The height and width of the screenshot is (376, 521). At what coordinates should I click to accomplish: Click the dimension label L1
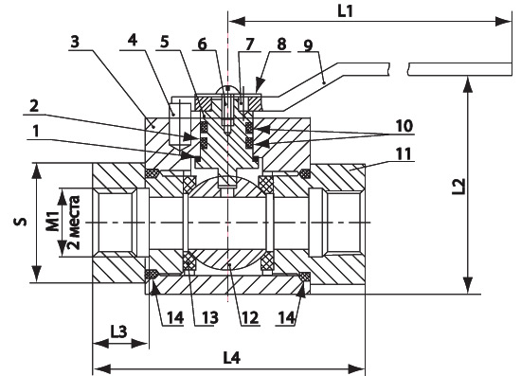(345, 12)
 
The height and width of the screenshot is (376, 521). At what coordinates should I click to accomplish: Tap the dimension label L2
(458, 187)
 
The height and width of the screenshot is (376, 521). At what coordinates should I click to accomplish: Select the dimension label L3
(119, 331)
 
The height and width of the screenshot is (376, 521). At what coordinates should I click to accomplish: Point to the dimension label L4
(231, 358)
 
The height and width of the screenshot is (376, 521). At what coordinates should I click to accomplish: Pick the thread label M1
(52, 222)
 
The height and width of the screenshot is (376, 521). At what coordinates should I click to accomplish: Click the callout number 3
(76, 42)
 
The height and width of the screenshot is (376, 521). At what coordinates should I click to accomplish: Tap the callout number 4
(133, 40)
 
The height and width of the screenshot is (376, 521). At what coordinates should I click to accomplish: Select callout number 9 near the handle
(308, 45)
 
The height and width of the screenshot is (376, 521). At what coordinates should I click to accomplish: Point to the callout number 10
(404, 126)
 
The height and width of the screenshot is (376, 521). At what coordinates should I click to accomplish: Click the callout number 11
(404, 154)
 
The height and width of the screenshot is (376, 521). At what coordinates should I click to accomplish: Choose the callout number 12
(250, 318)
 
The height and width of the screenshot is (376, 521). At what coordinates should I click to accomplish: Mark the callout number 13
(210, 318)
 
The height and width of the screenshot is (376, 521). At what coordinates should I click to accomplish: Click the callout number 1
(36, 132)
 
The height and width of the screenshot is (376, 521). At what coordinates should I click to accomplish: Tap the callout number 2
(34, 107)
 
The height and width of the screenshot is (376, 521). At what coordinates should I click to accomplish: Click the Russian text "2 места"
(74, 223)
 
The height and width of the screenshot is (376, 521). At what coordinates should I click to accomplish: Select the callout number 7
(249, 44)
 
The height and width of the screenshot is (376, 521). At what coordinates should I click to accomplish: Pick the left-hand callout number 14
(175, 318)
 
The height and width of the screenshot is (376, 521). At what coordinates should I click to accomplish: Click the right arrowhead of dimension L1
(504, 22)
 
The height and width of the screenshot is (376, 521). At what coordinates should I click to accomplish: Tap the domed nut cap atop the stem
(227, 90)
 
